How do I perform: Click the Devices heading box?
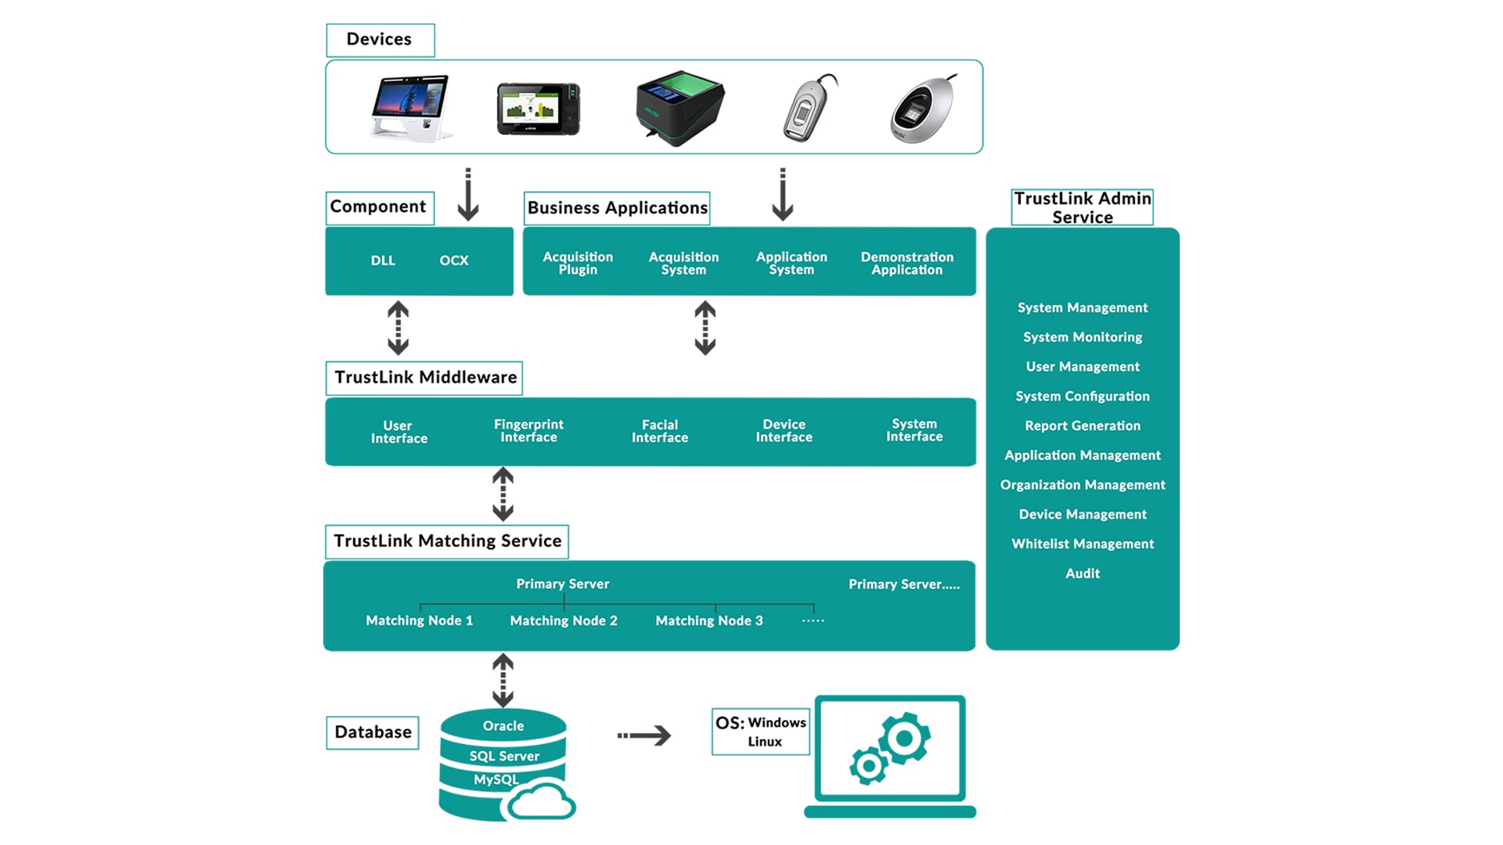[380, 40]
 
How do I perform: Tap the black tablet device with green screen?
[538, 110]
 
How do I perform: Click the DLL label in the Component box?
[383, 261]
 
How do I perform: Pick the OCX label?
[453, 261]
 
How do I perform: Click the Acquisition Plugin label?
[578, 263]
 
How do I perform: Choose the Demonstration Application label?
[906, 263]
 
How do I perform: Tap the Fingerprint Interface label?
[528, 430]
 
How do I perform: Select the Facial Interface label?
[660, 431]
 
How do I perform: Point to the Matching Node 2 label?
[564, 620]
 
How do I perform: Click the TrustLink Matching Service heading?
[447, 541]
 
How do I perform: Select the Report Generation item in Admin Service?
[1083, 426]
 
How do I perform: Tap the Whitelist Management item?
[1083, 544]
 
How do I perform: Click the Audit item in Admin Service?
[1083, 574]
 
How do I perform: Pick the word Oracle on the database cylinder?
[503, 726]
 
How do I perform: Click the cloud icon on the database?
[542, 802]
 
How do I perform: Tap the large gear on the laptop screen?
[905, 738]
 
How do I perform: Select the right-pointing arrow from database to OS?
[644, 735]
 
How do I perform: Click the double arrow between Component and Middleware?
[398, 328]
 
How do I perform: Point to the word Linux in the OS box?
[765, 742]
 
